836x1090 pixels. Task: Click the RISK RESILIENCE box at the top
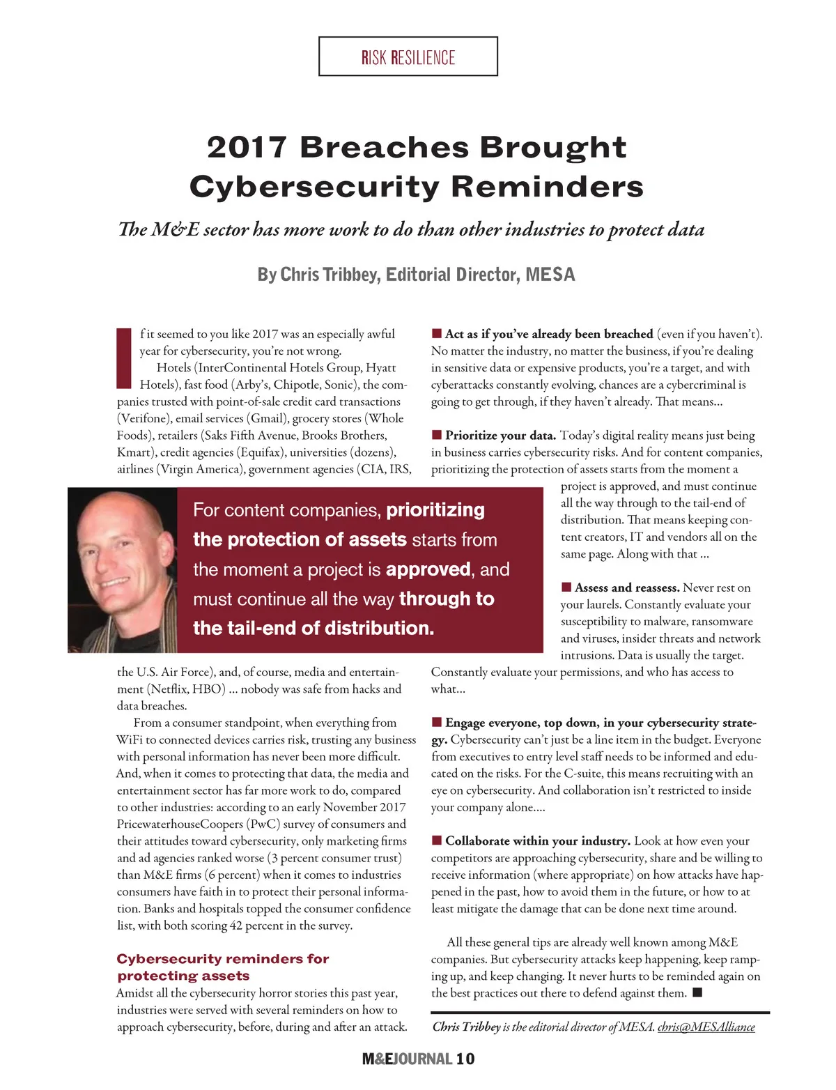[408, 56]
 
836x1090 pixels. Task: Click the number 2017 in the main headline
[247, 147]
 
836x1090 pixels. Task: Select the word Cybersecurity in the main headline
[314, 187]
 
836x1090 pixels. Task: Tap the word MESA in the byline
[550, 275]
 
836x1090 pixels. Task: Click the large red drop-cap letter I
[123, 358]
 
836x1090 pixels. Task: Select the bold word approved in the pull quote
[428, 569]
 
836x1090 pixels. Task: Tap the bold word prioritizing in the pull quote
[435, 510]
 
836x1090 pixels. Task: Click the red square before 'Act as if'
[437, 334]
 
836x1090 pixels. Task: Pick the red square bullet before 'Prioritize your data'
[437, 435]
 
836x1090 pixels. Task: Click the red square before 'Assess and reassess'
[566, 588]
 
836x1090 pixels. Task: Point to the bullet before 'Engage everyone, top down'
[437, 722]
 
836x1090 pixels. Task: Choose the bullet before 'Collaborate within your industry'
[437, 840]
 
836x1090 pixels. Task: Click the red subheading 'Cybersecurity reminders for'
[223, 959]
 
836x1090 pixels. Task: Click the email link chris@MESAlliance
[706, 1027]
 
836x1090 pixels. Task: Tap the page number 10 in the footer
[465, 1059]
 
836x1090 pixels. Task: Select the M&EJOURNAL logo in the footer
[407, 1059]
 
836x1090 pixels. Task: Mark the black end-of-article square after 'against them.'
[697, 992]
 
